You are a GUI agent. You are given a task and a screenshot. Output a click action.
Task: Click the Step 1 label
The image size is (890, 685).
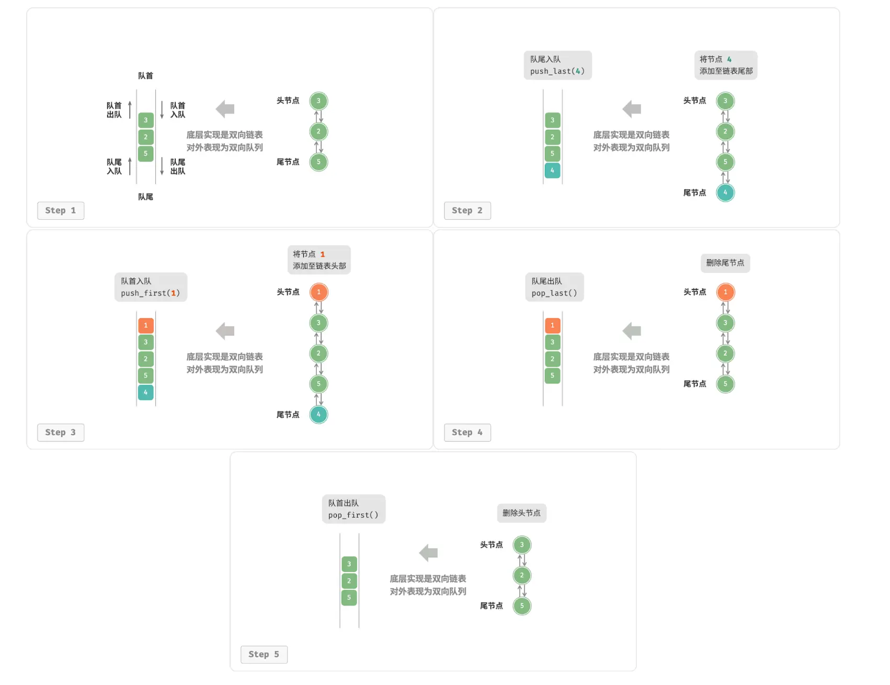coord(61,210)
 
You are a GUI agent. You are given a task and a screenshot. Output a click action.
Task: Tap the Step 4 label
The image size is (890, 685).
coord(467,432)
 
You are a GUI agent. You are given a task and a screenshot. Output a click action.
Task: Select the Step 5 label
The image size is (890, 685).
coord(264,654)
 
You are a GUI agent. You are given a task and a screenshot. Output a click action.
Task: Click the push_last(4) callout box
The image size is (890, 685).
coord(558,65)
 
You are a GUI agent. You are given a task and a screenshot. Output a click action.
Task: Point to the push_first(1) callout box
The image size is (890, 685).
coord(151,287)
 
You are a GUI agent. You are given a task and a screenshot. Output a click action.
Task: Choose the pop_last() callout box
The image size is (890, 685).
coord(554,287)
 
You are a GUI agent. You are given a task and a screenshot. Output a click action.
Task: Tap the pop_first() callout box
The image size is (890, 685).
coord(353,509)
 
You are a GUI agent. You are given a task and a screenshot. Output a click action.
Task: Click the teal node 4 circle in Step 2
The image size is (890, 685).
coord(725,192)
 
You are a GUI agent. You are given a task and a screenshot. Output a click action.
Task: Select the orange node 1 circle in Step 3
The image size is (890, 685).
coord(318,292)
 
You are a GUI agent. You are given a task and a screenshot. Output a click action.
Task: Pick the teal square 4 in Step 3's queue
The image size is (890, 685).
coord(146,392)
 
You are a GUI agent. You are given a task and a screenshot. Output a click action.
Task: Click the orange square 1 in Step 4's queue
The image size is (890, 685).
coord(553,325)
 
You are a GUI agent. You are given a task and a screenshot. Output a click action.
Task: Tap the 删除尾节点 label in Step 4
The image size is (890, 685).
coord(725,263)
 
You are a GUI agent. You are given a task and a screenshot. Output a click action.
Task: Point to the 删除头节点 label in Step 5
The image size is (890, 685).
coord(522,513)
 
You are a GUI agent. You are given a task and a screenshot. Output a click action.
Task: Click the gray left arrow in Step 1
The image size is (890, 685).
coord(225,109)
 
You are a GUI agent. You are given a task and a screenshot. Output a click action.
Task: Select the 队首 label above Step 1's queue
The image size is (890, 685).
coord(146,76)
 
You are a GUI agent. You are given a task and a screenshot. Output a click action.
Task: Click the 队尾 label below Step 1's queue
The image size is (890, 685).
coord(146,197)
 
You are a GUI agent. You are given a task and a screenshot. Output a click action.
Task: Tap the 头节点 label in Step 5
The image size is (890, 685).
coord(492,545)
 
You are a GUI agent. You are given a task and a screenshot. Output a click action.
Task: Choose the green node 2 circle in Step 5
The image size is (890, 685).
coord(522,575)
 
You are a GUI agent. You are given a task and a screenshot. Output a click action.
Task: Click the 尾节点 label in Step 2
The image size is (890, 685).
coord(695,192)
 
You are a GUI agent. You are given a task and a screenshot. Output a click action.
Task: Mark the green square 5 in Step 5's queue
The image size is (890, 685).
coord(349,598)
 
